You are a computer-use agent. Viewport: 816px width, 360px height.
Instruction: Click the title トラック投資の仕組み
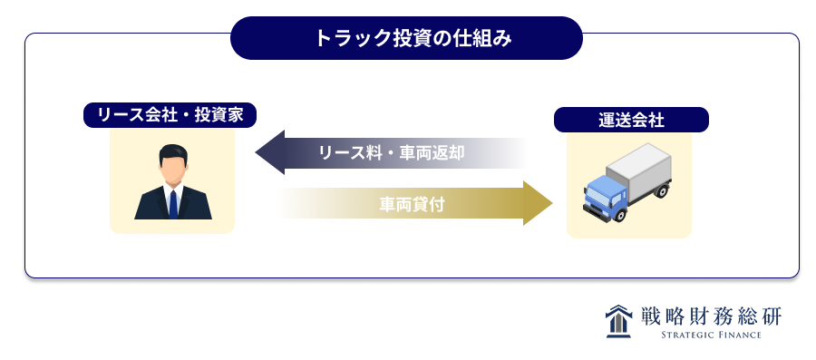click(x=406, y=38)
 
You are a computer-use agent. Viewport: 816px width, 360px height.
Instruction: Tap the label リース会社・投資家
click(x=170, y=115)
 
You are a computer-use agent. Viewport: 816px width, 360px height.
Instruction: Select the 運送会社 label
click(x=631, y=121)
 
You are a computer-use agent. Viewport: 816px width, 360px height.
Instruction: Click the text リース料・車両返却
click(x=392, y=153)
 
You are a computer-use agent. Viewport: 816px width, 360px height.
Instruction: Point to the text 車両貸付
click(x=412, y=204)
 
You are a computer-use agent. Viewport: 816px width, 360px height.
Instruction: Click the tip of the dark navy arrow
click(x=256, y=152)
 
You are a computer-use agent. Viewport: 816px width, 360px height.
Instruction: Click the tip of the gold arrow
click(x=552, y=203)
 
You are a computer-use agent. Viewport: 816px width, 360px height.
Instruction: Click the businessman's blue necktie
click(x=173, y=204)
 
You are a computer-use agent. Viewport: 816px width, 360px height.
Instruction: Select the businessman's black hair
click(x=173, y=152)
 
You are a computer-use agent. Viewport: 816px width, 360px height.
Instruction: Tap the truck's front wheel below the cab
click(x=618, y=214)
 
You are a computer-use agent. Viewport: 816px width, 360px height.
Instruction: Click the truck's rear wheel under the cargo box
click(x=661, y=190)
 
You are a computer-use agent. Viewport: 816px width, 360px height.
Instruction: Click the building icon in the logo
click(x=618, y=321)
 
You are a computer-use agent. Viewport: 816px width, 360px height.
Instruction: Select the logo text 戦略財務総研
click(x=710, y=316)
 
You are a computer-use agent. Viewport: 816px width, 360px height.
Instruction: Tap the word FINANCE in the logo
click(x=739, y=335)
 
